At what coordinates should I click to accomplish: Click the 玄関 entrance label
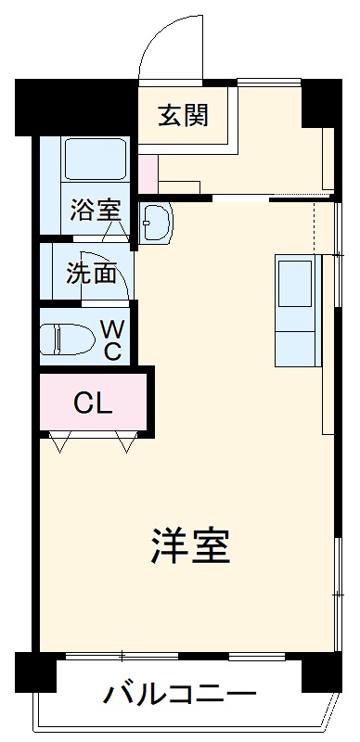(183, 116)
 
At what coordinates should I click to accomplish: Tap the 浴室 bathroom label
(95, 210)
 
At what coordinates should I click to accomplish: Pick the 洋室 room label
(189, 547)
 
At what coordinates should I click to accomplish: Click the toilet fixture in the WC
(68, 339)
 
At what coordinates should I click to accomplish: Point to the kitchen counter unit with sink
(297, 309)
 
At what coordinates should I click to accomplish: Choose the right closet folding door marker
(125, 443)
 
